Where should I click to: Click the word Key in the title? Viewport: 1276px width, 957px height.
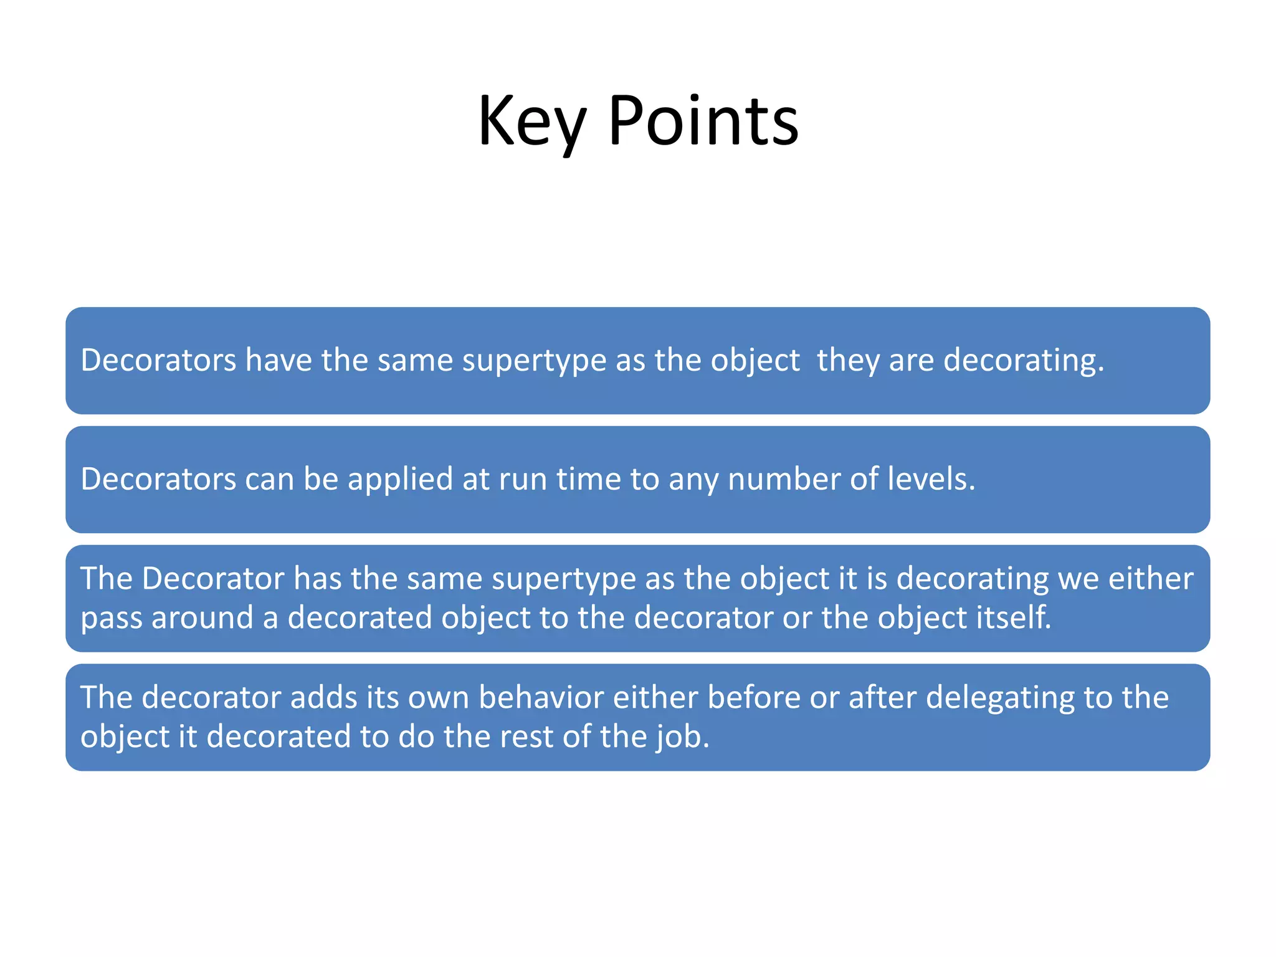(x=531, y=121)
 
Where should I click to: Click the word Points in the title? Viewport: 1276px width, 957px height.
(x=703, y=121)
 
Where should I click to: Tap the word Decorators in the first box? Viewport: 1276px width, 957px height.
(x=158, y=360)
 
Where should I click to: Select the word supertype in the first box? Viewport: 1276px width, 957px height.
(x=534, y=361)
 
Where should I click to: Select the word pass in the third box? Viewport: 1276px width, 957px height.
(x=112, y=619)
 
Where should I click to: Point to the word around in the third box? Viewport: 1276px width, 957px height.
(x=202, y=617)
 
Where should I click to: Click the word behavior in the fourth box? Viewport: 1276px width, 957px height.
(x=541, y=697)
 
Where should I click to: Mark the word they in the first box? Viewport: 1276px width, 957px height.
(x=848, y=361)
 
